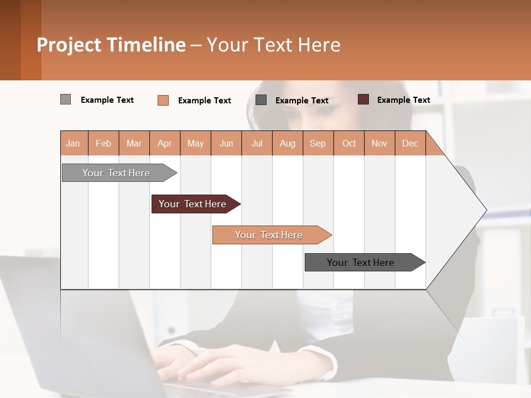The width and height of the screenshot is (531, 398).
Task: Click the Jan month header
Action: point(74,144)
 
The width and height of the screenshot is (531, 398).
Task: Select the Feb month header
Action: point(103,144)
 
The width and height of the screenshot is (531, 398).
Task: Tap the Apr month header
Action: point(164,144)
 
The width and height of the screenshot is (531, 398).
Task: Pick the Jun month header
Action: point(226,144)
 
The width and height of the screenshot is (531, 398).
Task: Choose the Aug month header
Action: point(287,144)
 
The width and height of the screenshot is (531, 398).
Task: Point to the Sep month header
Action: point(317,144)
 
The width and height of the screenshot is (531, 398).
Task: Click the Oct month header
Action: point(349,144)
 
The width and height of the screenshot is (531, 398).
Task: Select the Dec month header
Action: point(410,144)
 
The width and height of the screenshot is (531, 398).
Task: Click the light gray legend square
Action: point(65,99)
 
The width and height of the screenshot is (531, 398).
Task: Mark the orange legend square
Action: point(163,100)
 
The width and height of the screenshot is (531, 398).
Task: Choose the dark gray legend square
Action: point(261,100)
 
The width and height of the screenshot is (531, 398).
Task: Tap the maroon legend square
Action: point(363,99)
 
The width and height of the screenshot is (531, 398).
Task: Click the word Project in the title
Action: point(69,45)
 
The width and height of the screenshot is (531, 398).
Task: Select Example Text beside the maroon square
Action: point(403,100)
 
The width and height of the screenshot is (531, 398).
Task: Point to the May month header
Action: point(195,144)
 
